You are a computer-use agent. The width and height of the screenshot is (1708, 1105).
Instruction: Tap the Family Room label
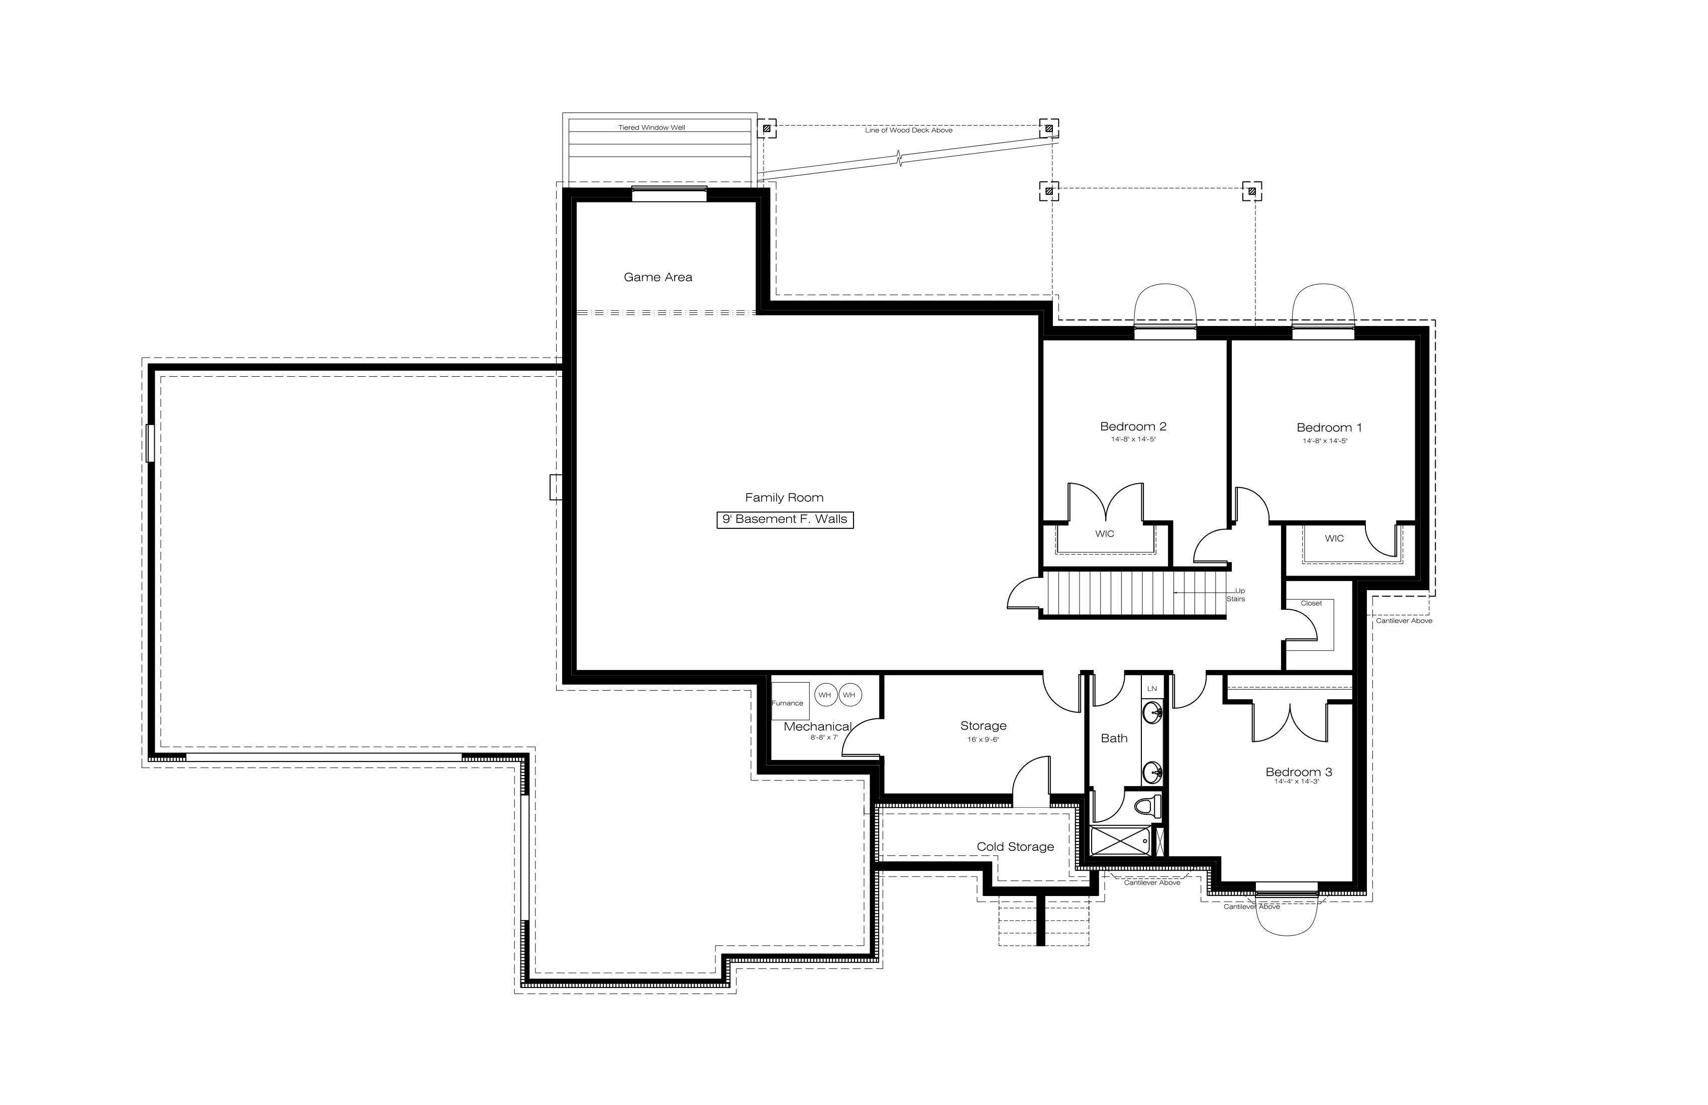[x=784, y=497]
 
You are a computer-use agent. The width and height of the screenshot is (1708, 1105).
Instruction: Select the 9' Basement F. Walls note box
[x=785, y=519]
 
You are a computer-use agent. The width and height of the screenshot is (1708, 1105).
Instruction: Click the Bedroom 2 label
[x=1133, y=426]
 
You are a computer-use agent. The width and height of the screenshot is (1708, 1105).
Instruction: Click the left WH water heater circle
[x=825, y=695]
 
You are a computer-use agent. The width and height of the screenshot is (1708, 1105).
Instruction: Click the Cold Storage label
[x=1015, y=847]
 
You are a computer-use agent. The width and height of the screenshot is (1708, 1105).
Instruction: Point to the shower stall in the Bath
[x=1121, y=840]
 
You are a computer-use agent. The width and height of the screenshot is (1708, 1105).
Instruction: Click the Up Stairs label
[x=1236, y=595]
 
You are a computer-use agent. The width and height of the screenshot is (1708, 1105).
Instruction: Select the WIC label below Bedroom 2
[x=1105, y=534]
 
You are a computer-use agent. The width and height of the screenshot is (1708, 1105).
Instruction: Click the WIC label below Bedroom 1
[x=1334, y=538]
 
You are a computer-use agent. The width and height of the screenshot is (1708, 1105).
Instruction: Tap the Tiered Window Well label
[x=652, y=128]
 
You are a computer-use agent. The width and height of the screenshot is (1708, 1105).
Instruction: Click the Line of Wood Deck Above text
[x=909, y=131]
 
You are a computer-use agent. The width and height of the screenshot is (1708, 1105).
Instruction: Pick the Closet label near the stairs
[x=1311, y=603]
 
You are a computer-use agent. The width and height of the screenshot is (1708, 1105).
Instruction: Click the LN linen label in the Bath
[x=1152, y=689]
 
